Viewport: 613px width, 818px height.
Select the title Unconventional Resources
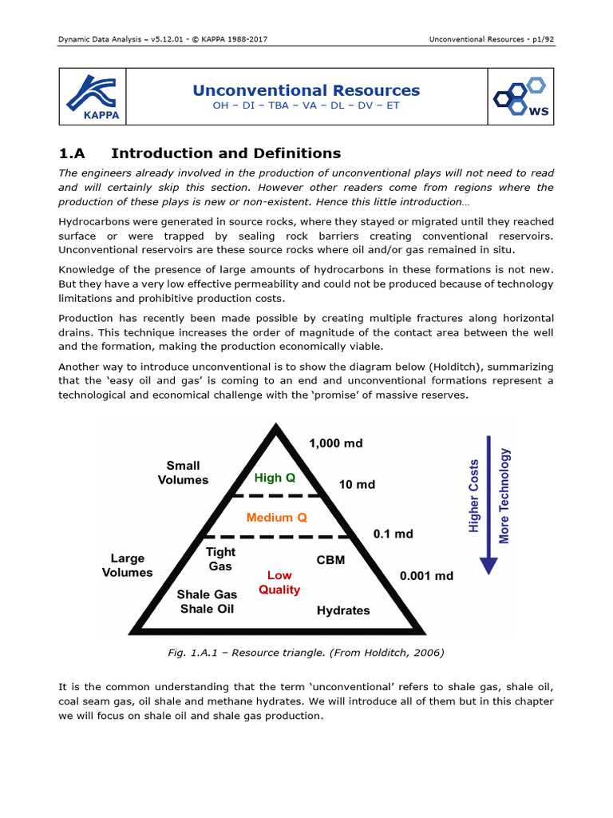pos(306,90)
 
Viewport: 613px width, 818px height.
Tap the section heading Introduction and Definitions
pos(226,153)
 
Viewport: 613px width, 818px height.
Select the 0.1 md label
pos(393,534)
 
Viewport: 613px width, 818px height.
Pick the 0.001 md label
pos(425,575)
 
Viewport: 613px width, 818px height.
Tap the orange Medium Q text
pos(276,517)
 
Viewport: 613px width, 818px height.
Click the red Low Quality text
pos(279,582)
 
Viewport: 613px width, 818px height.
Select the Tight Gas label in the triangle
pos(220,559)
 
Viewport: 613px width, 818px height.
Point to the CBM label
pos(330,560)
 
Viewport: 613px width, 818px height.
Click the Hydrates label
pos(343,610)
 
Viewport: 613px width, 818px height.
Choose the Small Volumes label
pos(183,473)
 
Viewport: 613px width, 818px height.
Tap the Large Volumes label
pos(127,566)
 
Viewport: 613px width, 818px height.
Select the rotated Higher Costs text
pos(474,495)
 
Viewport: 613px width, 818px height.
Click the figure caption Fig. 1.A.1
pos(306,653)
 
